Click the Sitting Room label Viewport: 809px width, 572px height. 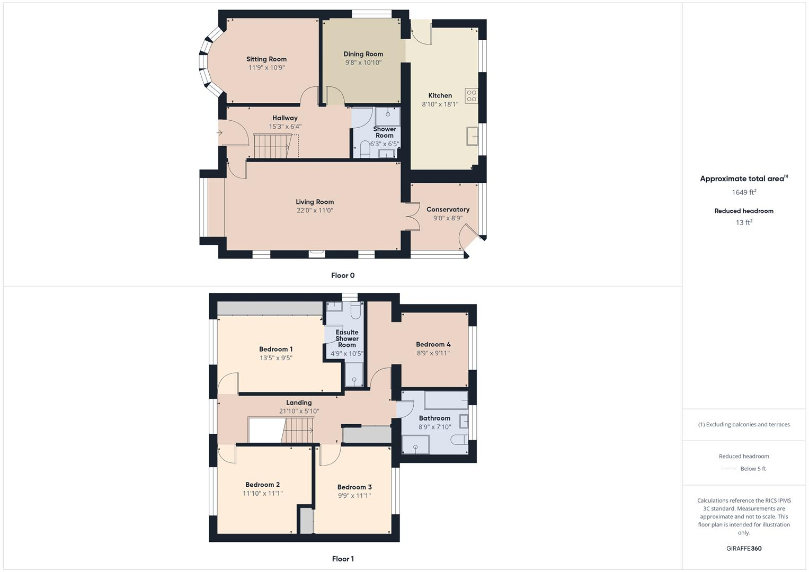266,59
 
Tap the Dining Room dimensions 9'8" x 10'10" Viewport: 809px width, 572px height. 363,62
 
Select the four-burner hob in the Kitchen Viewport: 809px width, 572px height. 471,96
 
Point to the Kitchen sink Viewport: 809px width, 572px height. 472,136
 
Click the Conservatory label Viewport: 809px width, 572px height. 448,209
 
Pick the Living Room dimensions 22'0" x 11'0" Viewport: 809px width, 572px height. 315,210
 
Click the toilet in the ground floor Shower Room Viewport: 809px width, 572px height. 365,149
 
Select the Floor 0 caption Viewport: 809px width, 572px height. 343,275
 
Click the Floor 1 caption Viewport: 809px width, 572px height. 343,559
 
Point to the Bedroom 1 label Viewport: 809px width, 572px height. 275,349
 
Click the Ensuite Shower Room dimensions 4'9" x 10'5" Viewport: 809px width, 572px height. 347,353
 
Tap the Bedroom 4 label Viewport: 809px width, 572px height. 433,344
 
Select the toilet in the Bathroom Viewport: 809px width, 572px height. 459,440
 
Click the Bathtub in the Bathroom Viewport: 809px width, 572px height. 446,400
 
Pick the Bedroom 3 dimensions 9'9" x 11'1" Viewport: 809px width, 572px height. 354,496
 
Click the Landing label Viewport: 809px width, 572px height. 299,403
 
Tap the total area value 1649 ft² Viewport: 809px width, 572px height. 744,192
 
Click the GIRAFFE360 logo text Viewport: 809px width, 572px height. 744,548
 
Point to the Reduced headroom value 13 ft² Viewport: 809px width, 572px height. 744,222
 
